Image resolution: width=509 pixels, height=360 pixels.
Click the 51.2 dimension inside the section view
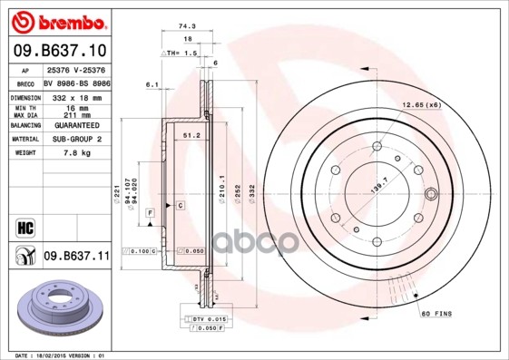pos(191,135)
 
